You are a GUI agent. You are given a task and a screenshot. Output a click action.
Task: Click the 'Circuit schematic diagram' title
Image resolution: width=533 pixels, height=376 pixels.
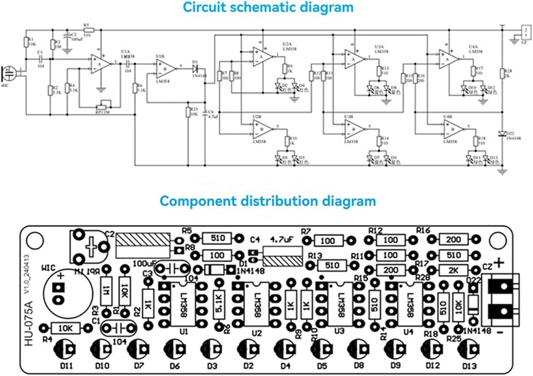click(x=268, y=7)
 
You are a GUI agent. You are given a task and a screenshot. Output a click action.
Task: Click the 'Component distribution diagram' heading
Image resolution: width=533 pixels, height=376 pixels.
click(x=268, y=201)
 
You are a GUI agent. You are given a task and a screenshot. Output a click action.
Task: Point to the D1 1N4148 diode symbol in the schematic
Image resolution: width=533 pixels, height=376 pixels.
click(x=195, y=67)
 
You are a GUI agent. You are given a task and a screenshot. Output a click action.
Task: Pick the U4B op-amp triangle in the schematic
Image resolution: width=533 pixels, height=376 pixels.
click(x=453, y=129)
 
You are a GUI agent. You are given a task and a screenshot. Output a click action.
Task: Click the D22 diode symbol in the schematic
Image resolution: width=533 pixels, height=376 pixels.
click(x=502, y=134)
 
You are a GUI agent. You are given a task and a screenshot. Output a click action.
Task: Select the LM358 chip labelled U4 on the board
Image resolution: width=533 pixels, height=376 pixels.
click(x=409, y=304)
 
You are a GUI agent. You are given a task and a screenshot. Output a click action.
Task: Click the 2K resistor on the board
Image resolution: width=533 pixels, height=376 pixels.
click(x=453, y=270)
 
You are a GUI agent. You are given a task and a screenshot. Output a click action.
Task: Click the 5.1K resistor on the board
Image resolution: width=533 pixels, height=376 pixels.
click(x=219, y=304)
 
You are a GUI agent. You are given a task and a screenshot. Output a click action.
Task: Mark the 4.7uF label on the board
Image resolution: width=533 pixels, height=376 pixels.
click(x=281, y=240)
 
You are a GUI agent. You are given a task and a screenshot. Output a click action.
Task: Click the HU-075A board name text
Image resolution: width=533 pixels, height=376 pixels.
click(x=29, y=323)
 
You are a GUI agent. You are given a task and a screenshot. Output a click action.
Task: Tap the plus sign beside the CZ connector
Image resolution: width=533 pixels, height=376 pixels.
click(x=499, y=263)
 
